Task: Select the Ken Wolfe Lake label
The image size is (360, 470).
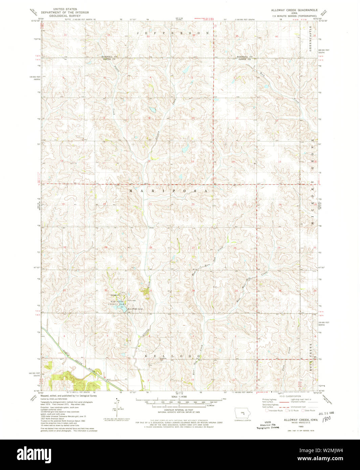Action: click(135, 309)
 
